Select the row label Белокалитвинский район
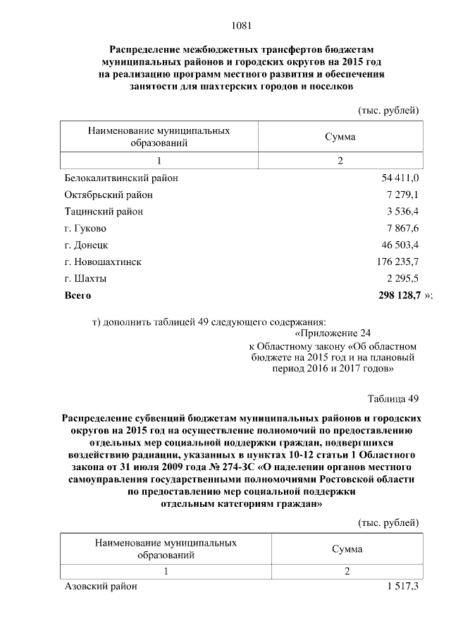tap(121, 178)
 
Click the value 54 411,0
tap(400, 178)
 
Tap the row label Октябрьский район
tap(109, 195)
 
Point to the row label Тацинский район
tap(104, 211)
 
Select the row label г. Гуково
tap(85, 228)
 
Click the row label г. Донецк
tap(86, 245)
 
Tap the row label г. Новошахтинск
tap(103, 262)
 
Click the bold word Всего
tap(78, 295)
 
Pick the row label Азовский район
tap(101, 587)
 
